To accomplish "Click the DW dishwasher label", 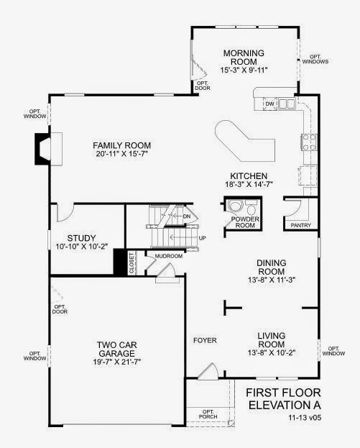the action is [269, 104].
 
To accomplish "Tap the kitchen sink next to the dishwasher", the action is [287, 104].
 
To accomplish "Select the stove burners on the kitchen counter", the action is [309, 142].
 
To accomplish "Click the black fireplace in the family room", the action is [43, 149].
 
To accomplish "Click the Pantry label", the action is [301, 225].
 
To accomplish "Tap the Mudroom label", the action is [169, 256].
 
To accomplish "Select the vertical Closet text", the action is [131, 263].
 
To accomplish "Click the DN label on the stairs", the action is [186, 216].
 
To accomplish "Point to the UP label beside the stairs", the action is [202, 238].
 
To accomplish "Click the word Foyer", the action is [205, 340].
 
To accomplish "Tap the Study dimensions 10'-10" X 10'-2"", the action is [82, 246].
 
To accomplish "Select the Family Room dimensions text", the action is [122, 154].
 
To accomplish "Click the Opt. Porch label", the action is [208, 414].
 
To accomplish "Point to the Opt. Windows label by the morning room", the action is [315, 59].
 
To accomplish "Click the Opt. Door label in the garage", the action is [60, 309].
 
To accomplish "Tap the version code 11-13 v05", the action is [305, 417].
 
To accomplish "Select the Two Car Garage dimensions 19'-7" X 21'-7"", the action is [117, 362].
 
